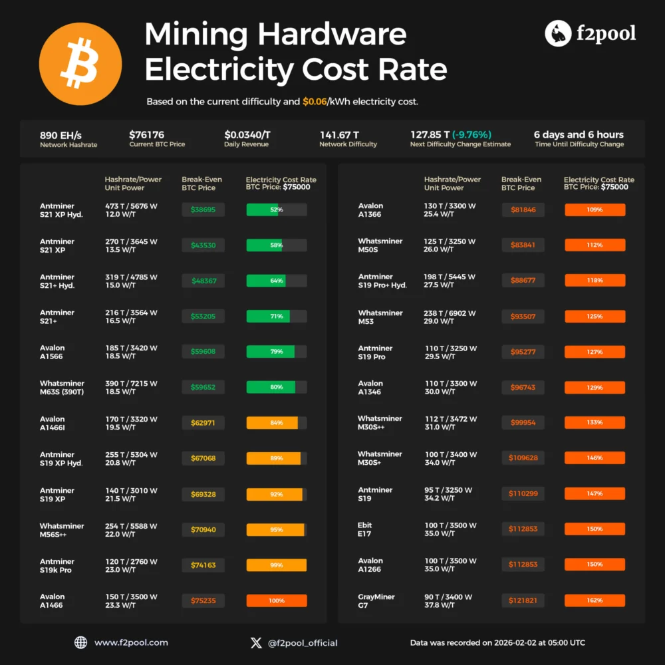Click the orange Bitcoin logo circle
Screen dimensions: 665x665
(80, 65)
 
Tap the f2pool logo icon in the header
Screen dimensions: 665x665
(558, 33)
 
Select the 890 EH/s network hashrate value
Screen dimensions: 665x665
(61, 134)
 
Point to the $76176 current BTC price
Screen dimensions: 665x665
(146, 134)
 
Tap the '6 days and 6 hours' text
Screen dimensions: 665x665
(579, 134)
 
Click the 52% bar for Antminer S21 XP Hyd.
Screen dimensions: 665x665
(276, 209)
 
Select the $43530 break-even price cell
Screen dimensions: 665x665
(203, 245)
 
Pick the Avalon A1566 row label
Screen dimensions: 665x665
(53, 352)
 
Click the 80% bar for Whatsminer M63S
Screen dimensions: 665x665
(276, 387)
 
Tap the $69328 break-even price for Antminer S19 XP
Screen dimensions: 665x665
(203, 494)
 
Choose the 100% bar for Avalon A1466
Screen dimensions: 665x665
(276, 600)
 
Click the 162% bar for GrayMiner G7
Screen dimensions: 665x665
(595, 600)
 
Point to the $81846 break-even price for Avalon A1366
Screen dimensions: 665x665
(523, 209)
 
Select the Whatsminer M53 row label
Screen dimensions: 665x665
(380, 317)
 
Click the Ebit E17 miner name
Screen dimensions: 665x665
(365, 529)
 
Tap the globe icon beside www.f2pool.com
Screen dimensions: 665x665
(80, 642)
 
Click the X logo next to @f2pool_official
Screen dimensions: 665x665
(256, 642)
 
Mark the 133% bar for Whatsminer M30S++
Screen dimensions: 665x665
(595, 422)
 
